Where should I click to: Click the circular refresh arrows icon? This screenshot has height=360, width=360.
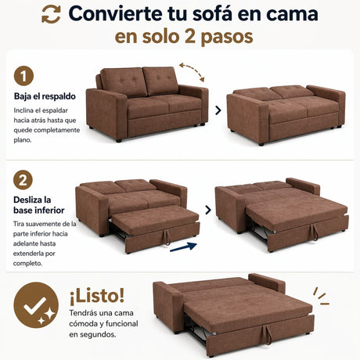pyautogui.click(x=51, y=14)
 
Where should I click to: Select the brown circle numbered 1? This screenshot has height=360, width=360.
pyautogui.click(x=23, y=76)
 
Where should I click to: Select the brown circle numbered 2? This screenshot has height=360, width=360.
pyautogui.click(x=23, y=180)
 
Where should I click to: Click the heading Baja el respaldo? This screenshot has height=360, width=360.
pyautogui.click(x=45, y=96)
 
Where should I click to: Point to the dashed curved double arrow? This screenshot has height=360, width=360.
pyautogui.click(x=192, y=71)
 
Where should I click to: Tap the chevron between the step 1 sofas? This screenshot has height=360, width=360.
pyautogui.click(x=218, y=110)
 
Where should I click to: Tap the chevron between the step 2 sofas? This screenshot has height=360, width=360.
pyautogui.click(x=208, y=210)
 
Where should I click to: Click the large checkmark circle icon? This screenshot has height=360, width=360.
pyautogui.click(x=36, y=305)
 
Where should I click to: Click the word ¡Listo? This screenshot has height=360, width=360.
pyautogui.click(x=97, y=296)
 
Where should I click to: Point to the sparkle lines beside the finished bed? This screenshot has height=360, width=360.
pyautogui.click(x=321, y=297)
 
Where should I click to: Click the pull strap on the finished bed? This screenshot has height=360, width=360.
pyautogui.click(x=267, y=335)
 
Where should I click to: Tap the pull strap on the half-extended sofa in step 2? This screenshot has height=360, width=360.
pyautogui.click(x=166, y=237)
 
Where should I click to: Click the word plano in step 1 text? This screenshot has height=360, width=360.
pyautogui.click(x=23, y=140)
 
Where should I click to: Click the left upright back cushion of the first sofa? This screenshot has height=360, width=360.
pyautogui.click(x=123, y=81)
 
